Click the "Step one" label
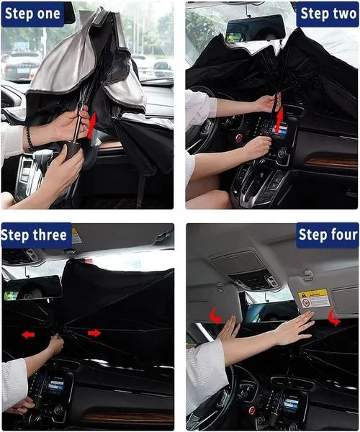32,14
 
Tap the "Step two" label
328,14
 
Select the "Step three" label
35,235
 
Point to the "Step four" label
328,235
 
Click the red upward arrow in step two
280,117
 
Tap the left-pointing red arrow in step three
28,335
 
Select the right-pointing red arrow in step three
94,333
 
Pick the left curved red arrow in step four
216,315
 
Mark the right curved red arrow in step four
334,318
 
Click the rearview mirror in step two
255,29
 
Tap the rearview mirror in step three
32,288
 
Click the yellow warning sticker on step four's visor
314,298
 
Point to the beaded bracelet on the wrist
29,137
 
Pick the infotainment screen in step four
290,404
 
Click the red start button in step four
252,410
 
